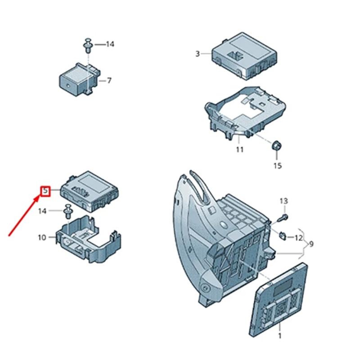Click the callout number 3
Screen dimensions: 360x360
(x=197, y=54)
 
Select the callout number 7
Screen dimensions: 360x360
(x=109, y=81)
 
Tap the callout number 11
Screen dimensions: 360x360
(x=240, y=149)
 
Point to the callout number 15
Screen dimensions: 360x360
(x=278, y=166)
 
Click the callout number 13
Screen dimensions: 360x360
(x=283, y=201)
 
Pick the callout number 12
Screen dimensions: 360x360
(x=299, y=237)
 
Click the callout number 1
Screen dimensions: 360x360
(x=279, y=336)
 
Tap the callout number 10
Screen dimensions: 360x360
(x=42, y=238)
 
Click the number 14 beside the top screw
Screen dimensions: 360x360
(x=109, y=44)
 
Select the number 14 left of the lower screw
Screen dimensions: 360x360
(x=42, y=211)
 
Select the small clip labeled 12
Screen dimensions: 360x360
(x=283, y=234)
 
